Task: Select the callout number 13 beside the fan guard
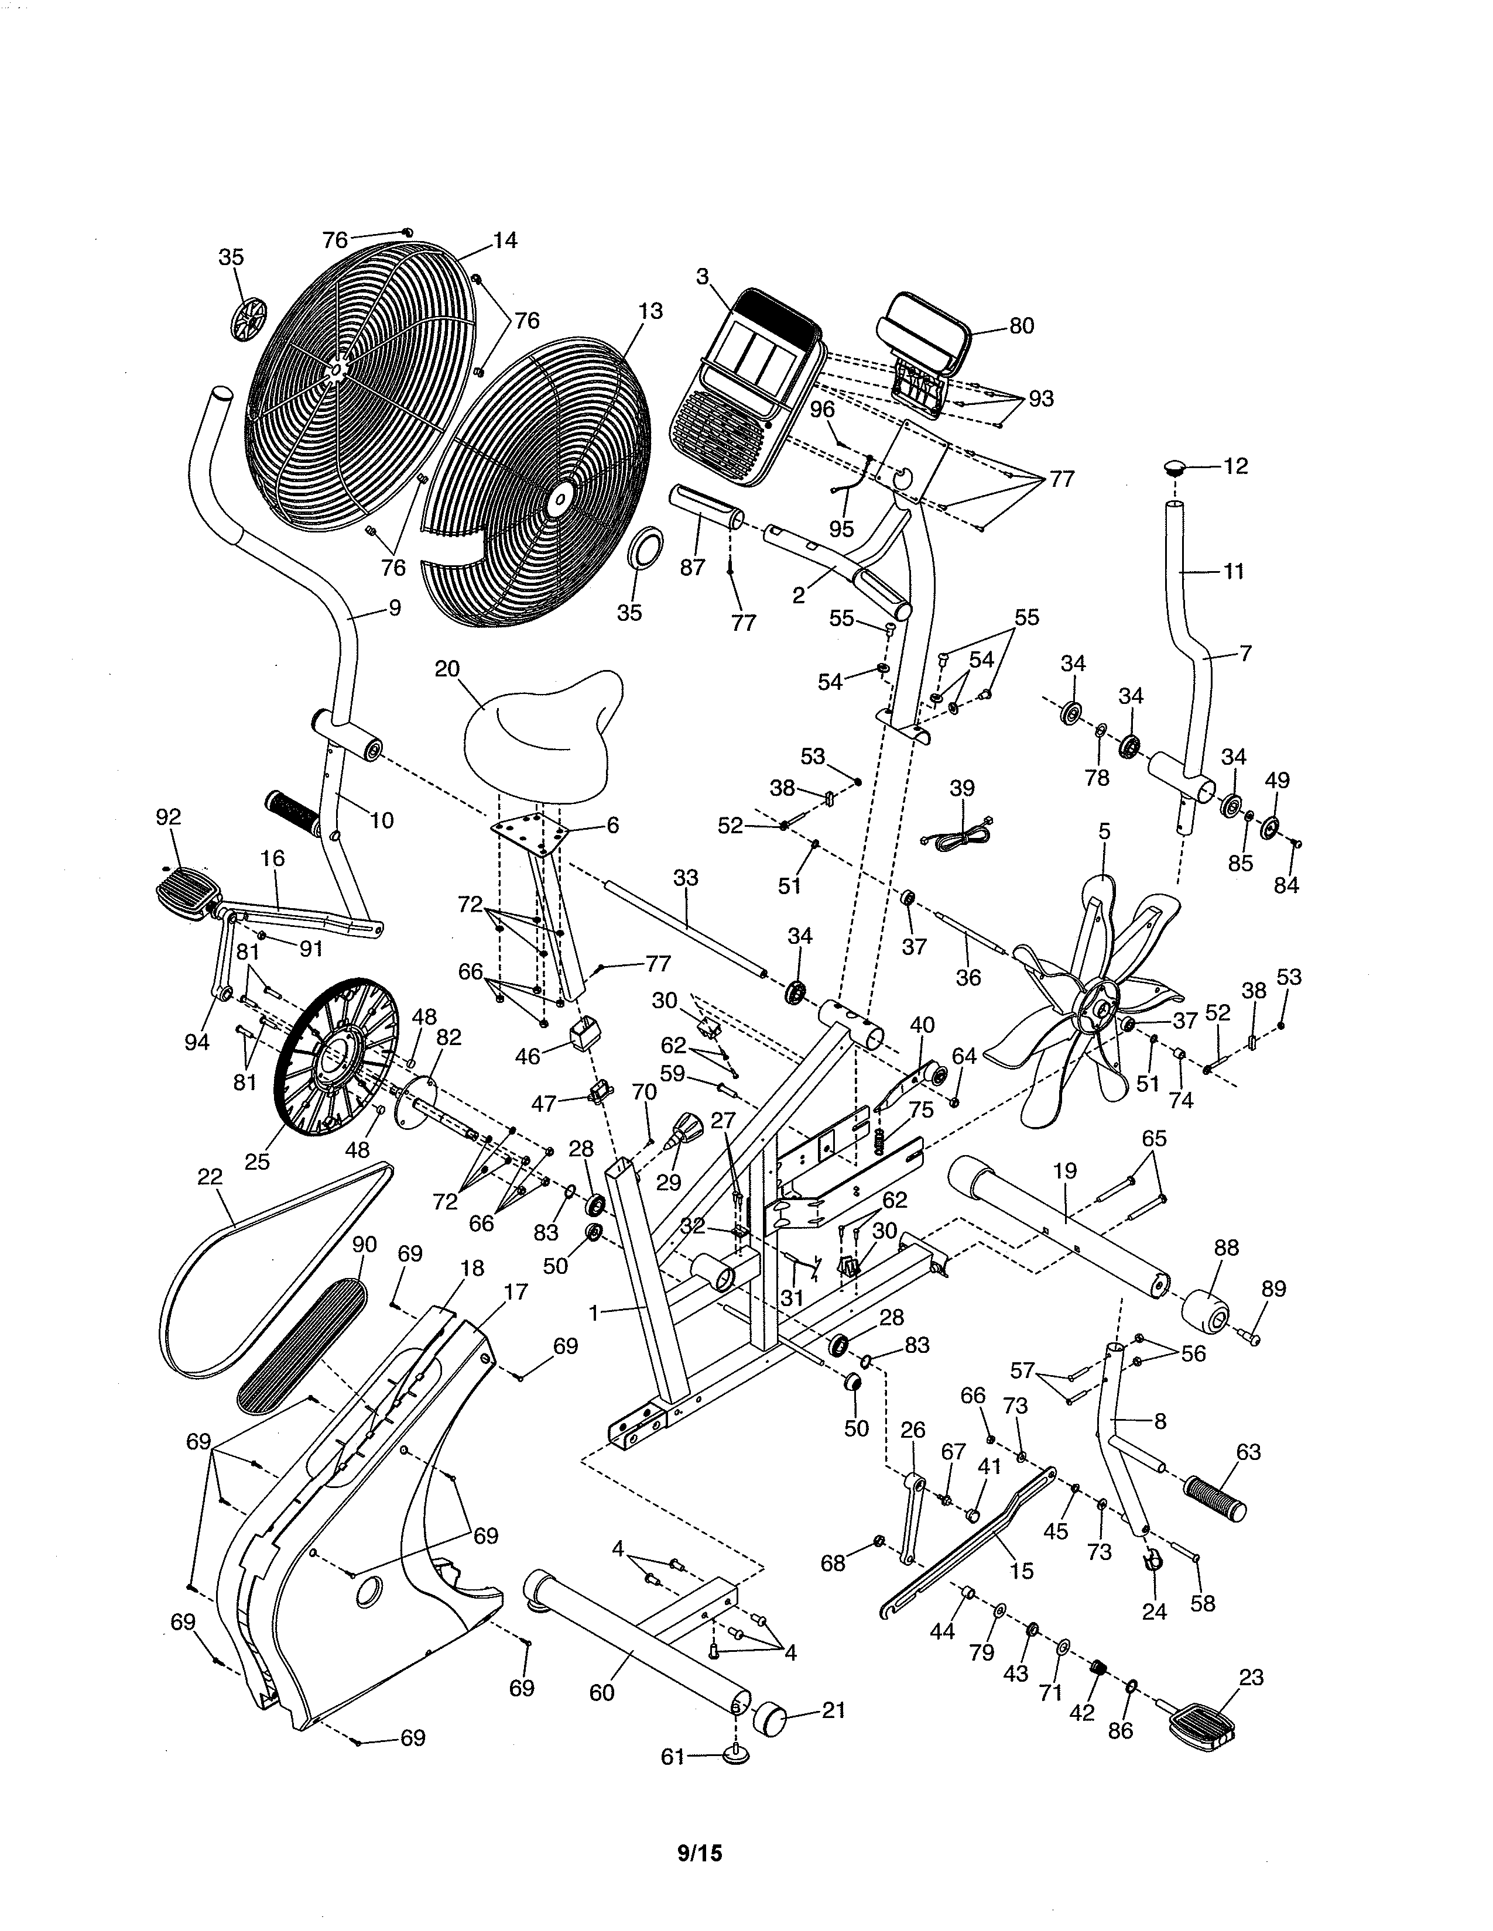[650, 311]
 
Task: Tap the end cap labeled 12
[1174, 466]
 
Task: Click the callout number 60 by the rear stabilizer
[601, 1692]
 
